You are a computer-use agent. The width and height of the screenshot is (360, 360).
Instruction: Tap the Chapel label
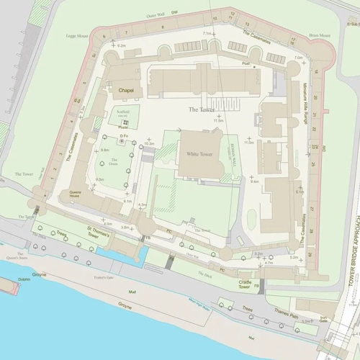[126, 90]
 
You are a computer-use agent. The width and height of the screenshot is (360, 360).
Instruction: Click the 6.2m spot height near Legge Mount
[121, 45]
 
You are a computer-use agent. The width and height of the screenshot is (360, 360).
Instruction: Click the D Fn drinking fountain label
[123, 135]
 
